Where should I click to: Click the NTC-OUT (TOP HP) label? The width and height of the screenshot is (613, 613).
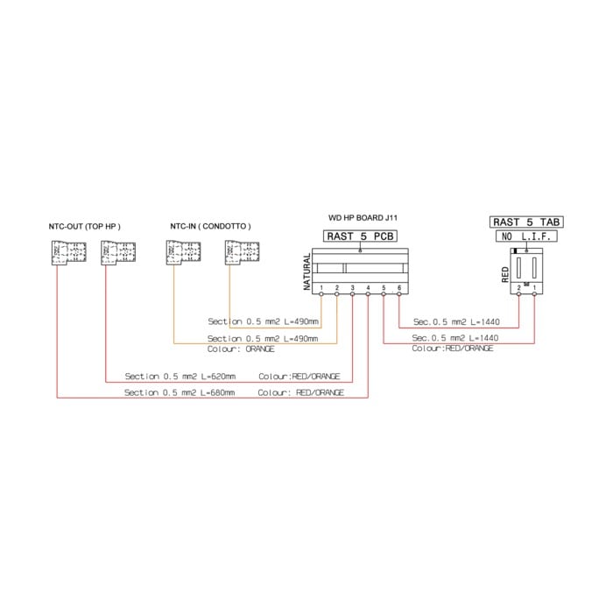point(84,226)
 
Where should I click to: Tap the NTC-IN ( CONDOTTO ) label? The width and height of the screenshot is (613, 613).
point(210,226)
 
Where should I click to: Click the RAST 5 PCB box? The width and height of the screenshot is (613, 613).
point(360,236)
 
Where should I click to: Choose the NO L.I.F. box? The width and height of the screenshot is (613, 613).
point(524,237)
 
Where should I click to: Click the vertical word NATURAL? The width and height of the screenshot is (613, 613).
point(307,272)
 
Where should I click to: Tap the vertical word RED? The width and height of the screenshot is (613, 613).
point(505,274)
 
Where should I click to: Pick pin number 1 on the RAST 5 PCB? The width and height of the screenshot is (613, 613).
point(321,288)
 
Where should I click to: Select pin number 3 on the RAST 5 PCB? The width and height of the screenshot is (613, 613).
point(352,288)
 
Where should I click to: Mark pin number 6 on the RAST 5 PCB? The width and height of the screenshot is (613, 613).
point(398,288)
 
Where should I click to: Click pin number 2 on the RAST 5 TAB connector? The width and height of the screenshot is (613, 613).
point(519,288)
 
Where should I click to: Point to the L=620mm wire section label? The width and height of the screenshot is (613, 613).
point(180,377)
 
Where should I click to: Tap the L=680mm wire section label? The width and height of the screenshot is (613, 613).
point(180,393)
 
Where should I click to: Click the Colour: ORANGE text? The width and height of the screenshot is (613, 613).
point(241,349)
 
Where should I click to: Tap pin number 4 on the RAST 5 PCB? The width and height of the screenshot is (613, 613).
point(368,288)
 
